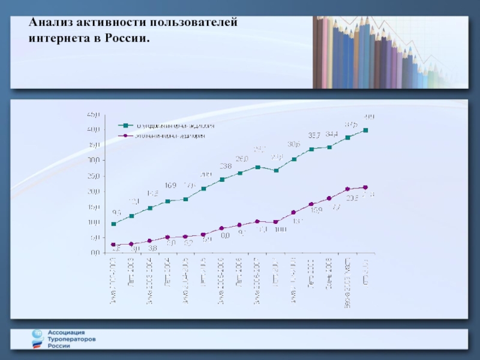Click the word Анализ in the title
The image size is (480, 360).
click(x=50, y=23)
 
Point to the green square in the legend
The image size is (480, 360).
click(x=126, y=126)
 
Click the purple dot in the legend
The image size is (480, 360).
click(x=126, y=136)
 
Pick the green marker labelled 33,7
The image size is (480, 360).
click(x=311, y=149)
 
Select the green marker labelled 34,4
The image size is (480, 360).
click(x=329, y=147)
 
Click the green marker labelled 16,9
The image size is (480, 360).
click(x=168, y=201)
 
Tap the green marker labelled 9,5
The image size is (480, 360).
click(x=113, y=224)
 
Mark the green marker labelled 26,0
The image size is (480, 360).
click(x=240, y=173)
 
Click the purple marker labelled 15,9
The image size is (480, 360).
click(x=311, y=204)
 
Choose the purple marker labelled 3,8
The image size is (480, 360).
click(x=150, y=241)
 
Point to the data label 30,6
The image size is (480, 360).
click(x=293, y=144)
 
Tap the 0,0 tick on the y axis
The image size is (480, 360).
click(x=94, y=253)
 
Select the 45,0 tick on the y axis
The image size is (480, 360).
click(x=94, y=114)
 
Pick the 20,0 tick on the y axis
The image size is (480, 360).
click(x=94, y=191)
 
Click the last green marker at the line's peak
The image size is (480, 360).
click(x=365, y=130)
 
